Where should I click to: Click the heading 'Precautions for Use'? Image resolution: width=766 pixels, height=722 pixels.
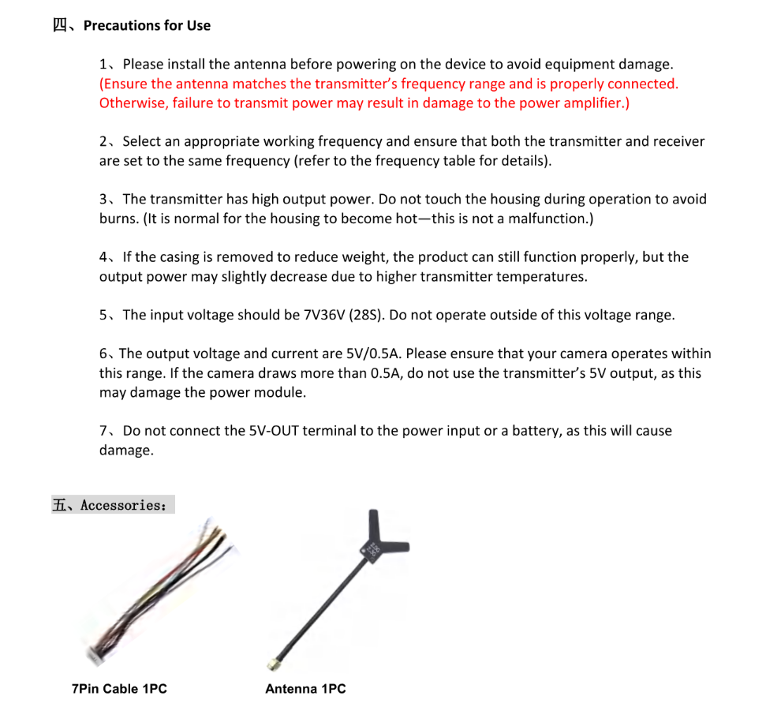(147, 25)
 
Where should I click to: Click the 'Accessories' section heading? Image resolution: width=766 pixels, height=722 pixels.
(122, 505)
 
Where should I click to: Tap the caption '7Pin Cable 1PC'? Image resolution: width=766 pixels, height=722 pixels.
(119, 689)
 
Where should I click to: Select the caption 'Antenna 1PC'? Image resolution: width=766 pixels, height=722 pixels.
(305, 689)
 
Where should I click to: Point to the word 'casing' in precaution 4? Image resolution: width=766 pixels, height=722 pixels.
(187, 257)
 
